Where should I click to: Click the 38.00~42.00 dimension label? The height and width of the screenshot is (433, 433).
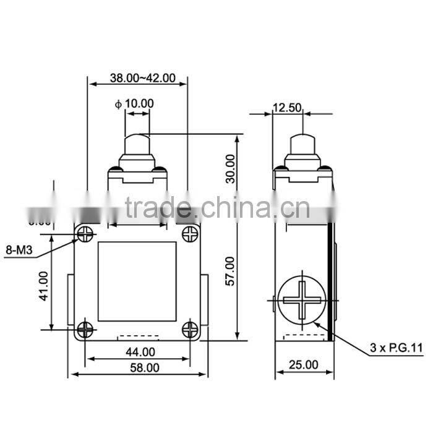pos(142,79)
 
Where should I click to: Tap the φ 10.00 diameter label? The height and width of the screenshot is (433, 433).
pos(135,103)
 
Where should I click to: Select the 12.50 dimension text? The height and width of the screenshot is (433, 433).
pos(286,108)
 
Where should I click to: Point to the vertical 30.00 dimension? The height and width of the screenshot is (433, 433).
pos(230,168)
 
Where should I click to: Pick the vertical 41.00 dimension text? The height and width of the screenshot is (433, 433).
pos(44,286)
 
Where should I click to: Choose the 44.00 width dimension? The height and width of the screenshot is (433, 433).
pos(140,352)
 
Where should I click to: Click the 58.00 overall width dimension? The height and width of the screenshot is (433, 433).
pos(140,367)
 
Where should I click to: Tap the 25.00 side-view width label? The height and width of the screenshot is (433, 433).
pos(303,365)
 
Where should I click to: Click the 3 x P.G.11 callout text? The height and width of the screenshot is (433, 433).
pos(396,348)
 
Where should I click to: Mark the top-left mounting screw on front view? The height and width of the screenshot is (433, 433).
pos(85,233)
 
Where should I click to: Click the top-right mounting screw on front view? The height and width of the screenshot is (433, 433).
pos(190,233)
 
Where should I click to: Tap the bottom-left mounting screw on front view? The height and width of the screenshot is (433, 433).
pos(85,330)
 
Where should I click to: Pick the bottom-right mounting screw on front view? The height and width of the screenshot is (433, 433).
pos(190,330)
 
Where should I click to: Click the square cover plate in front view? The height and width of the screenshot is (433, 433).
pos(137,281)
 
